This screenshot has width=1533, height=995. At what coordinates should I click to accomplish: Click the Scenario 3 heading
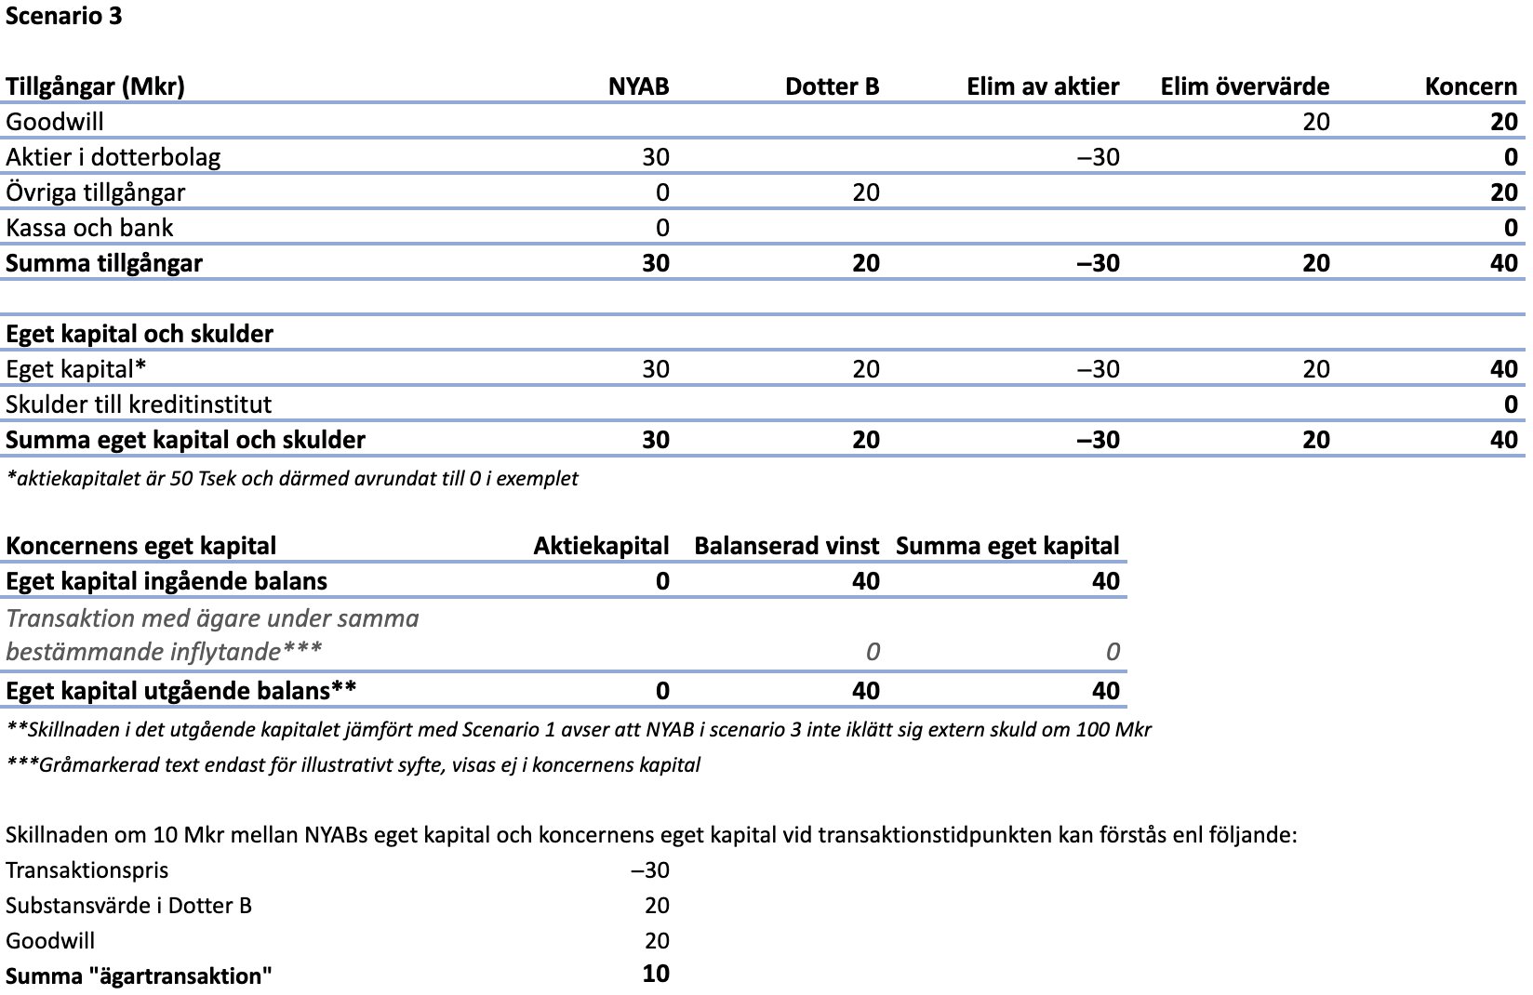click(x=64, y=16)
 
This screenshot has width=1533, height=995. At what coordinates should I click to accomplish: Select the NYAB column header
click(x=638, y=86)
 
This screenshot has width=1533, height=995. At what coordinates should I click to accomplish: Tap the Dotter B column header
click(x=832, y=86)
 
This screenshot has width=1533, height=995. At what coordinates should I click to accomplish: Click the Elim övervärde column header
click(x=1245, y=86)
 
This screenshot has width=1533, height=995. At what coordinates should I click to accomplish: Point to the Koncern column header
click(x=1471, y=86)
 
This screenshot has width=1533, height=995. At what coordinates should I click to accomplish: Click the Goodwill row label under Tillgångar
click(x=55, y=122)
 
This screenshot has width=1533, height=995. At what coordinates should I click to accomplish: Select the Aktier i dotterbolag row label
click(x=113, y=156)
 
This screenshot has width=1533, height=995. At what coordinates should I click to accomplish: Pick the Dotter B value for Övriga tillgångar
click(x=865, y=192)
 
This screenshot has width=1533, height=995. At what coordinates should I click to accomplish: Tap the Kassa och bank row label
click(x=89, y=228)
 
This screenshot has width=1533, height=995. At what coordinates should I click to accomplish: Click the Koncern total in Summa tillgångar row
click(x=1503, y=263)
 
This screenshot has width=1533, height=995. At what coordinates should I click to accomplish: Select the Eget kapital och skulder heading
click(x=140, y=334)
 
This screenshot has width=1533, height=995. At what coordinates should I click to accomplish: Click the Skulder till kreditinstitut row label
click(x=139, y=405)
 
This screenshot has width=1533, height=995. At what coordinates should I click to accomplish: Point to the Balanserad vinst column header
click(x=787, y=546)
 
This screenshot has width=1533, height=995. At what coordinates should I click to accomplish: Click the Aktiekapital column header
click(x=601, y=546)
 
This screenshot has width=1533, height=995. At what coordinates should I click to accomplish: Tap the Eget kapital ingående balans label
click(x=167, y=581)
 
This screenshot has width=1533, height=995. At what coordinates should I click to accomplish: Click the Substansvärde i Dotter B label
click(x=128, y=906)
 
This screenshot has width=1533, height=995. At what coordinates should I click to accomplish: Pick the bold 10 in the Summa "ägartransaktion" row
click(x=655, y=974)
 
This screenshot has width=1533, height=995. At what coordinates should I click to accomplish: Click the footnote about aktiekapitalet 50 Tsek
click(x=292, y=478)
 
